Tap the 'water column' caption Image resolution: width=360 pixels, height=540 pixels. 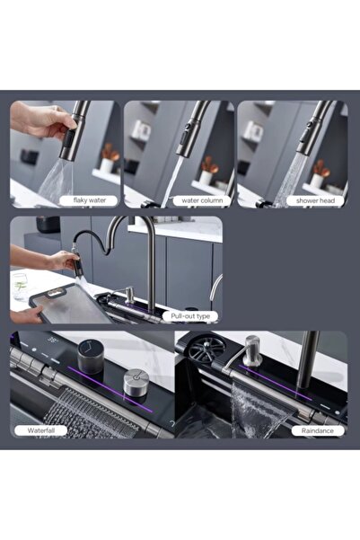[202, 200]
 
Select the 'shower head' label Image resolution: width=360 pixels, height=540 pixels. [317, 200]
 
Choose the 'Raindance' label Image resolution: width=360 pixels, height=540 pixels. [317, 430]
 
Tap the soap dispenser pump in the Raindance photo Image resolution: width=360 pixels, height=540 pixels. [252, 348]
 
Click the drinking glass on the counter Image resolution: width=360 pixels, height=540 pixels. [20, 285]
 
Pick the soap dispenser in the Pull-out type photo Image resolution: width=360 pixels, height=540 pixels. [130, 297]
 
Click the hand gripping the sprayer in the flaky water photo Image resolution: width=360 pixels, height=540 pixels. [45, 121]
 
